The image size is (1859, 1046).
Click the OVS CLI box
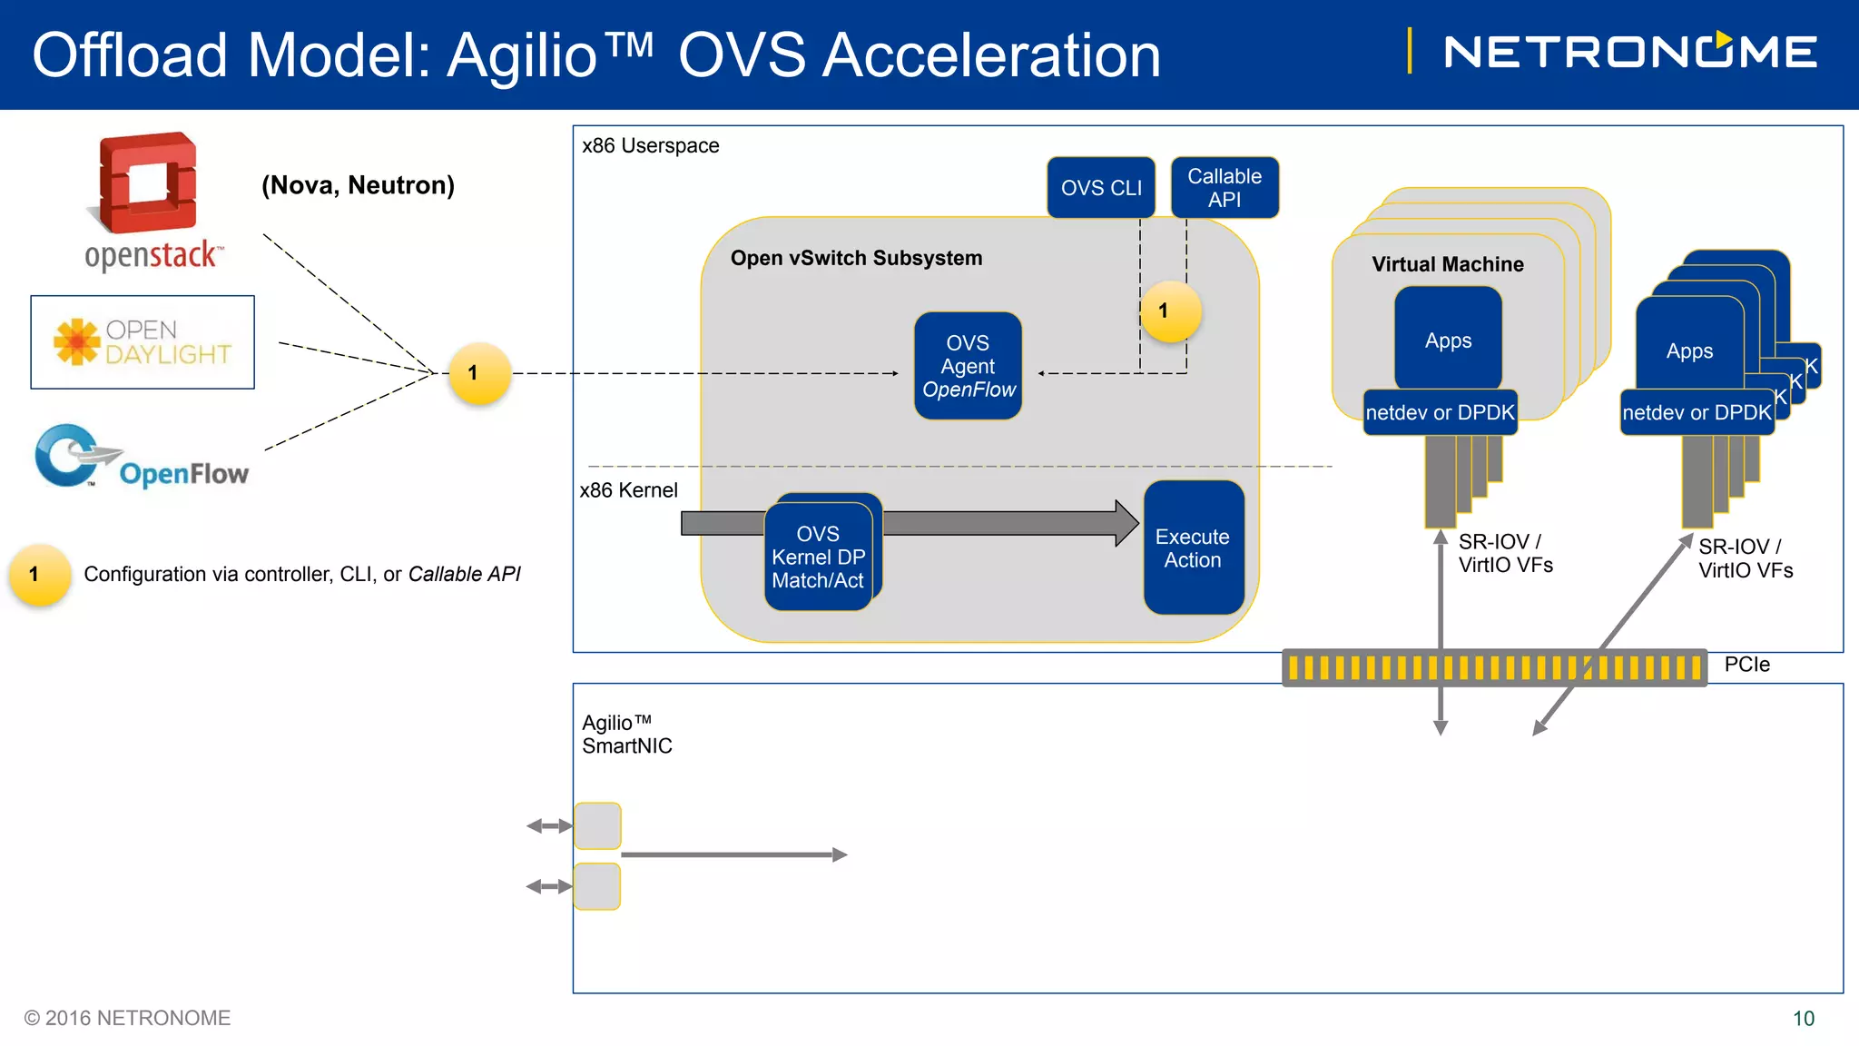click(1101, 188)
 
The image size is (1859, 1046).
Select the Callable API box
click(1225, 188)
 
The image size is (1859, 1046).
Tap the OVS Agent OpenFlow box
click(968, 366)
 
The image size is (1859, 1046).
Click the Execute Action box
click(1193, 548)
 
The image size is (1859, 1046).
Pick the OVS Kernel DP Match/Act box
click(818, 557)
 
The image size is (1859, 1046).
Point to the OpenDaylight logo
click(143, 342)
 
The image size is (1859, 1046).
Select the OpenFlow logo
click(142, 459)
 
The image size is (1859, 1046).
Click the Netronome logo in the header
click(1630, 52)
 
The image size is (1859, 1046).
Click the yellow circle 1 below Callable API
click(1170, 311)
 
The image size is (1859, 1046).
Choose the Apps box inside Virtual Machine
click(1448, 340)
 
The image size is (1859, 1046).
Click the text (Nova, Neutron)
click(358, 185)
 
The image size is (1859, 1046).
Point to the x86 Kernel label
click(628, 490)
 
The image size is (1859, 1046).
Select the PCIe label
click(1746, 665)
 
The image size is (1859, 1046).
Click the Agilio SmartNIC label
click(626, 735)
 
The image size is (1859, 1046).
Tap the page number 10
click(1803, 1019)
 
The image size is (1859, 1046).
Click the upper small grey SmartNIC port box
click(597, 825)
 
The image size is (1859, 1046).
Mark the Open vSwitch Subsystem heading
click(856, 258)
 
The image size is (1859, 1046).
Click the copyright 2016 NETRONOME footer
click(127, 1018)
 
